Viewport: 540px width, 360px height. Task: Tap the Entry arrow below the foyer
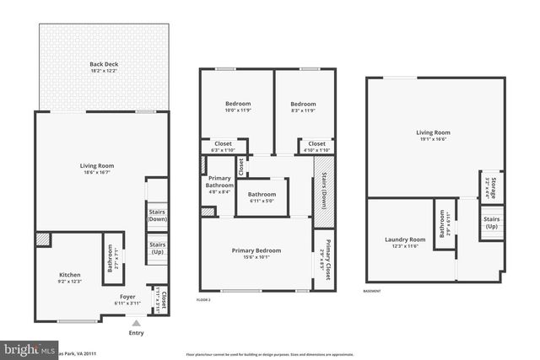pyautogui.click(x=136, y=322)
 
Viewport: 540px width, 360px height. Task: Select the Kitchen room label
pyautogui.click(x=69, y=275)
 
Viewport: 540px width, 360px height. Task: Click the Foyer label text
pyautogui.click(x=125, y=298)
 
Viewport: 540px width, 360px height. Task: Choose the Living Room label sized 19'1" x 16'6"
pyautogui.click(x=433, y=132)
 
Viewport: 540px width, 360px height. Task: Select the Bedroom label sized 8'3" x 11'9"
pyautogui.click(x=302, y=104)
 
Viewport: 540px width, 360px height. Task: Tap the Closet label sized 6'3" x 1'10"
pyautogui.click(x=222, y=144)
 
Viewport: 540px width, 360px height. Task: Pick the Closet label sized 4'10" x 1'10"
pyautogui.click(x=316, y=144)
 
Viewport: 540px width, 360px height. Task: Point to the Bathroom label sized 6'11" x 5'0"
pyautogui.click(x=262, y=195)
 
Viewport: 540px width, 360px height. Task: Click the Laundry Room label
pyautogui.click(x=407, y=239)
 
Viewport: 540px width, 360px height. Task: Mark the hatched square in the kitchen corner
pyautogui.click(x=43, y=240)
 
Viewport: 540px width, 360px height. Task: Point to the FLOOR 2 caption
pyautogui.click(x=203, y=299)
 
